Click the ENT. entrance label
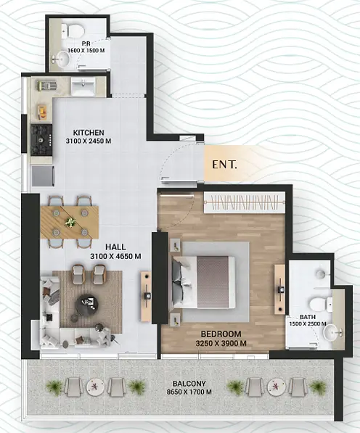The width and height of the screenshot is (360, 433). (224, 165)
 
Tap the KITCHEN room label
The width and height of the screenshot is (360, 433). (89, 133)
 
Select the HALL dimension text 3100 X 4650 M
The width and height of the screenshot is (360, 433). (115, 256)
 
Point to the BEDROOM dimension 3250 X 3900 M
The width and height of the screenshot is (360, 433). (221, 344)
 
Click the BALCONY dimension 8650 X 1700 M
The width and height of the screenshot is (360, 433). (189, 392)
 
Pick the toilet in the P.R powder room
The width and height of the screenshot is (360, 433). (73, 31)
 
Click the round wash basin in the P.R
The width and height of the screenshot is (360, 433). (62, 59)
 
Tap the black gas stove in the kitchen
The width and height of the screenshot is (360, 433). (41, 140)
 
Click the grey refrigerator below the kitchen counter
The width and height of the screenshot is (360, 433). (43, 176)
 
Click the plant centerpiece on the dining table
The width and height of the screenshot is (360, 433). (70, 222)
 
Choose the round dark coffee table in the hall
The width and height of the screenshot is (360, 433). (87, 304)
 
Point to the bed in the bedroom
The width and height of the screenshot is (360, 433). (204, 281)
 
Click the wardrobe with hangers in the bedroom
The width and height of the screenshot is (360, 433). (245, 202)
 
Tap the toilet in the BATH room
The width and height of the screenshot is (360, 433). (321, 304)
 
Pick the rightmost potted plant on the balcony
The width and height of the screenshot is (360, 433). (318, 386)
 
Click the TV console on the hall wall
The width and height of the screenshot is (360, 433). (146, 297)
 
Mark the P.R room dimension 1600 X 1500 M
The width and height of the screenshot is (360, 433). (86, 51)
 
